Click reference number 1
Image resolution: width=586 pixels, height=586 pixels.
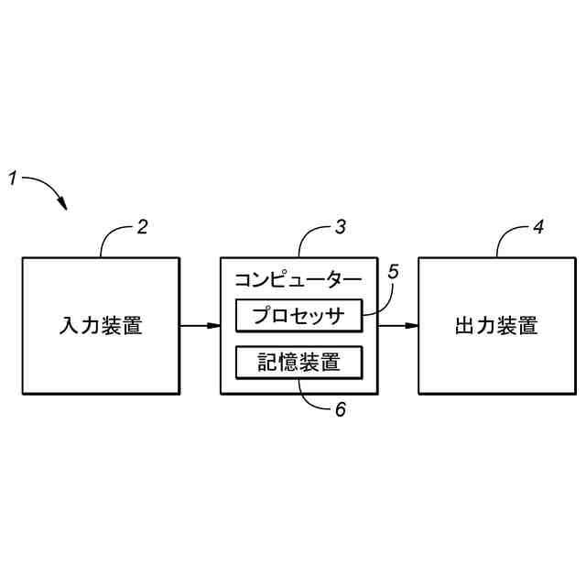(x=14, y=179)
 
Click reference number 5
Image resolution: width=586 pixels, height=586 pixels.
(x=394, y=272)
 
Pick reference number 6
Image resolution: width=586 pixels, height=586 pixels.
(x=340, y=409)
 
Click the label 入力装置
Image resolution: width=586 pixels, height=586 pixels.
(x=101, y=326)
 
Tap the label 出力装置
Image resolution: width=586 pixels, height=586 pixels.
(x=496, y=326)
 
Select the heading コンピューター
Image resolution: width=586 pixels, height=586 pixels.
(x=298, y=278)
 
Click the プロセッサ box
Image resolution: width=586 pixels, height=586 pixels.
(x=299, y=316)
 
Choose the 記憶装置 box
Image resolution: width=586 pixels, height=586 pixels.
(x=299, y=363)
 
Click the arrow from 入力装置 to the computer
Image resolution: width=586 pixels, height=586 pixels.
(x=200, y=326)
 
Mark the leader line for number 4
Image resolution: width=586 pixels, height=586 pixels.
(x=508, y=238)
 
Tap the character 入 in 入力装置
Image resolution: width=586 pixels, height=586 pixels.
(x=69, y=326)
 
